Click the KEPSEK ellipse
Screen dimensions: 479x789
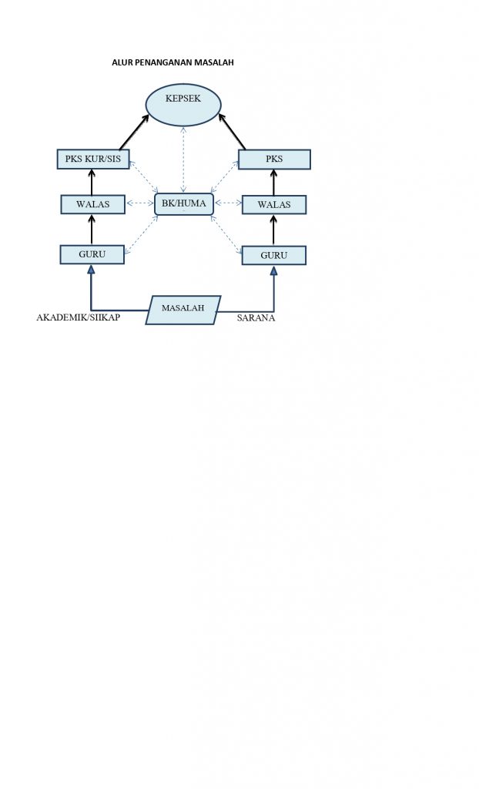coord(183,105)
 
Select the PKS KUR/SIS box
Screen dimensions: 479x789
coord(93,159)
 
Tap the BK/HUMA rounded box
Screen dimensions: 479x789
coord(183,203)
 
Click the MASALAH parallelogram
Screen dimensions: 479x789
coord(183,310)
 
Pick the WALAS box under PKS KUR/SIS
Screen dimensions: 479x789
coord(92,204)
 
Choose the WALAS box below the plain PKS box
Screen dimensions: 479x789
coord(273,205)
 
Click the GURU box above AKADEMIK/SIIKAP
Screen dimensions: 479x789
coord(92,254)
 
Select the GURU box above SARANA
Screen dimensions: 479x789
coord(273,255)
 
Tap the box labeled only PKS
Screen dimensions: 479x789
coord(274,159)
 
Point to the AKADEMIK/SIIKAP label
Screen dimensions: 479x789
coord(78,317)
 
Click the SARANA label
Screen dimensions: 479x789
coord(256,318)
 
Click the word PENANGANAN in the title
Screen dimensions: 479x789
coord(162,62)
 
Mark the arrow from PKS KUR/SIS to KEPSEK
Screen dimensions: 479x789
coord(134,132)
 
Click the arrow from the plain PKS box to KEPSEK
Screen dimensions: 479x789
coord(232,131)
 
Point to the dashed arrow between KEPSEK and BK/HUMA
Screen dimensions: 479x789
coord(183,159)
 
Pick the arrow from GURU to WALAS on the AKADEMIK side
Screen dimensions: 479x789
coord(92,230)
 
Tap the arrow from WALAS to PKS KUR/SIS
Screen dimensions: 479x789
coord(92,182)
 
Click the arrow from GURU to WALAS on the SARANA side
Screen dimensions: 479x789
coord(273,230)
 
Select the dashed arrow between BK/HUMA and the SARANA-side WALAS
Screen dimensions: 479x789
coord(228,203)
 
